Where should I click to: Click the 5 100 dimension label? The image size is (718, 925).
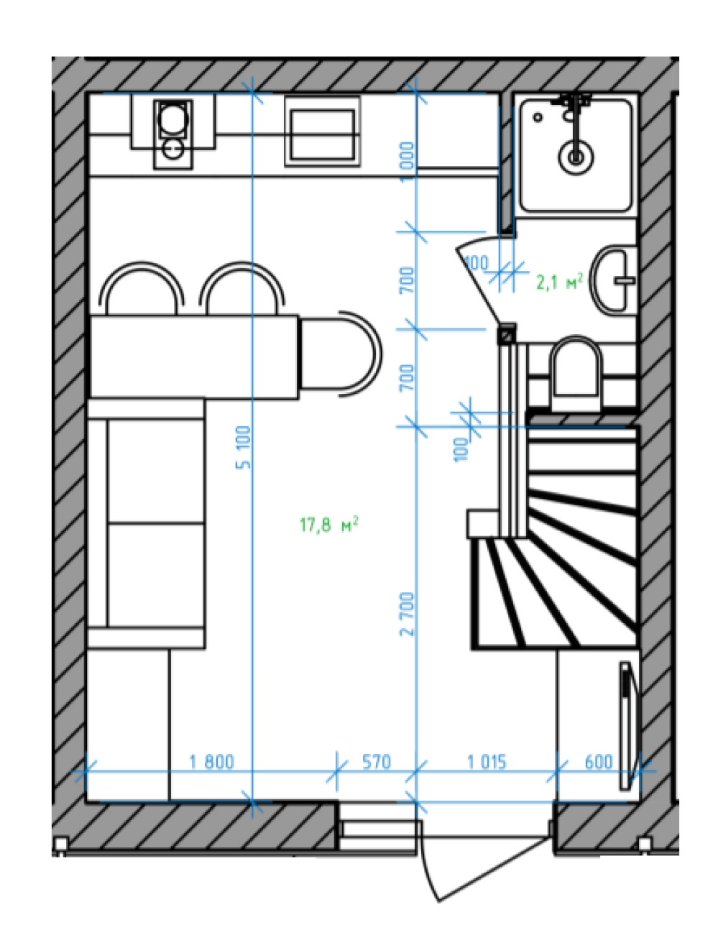[244, 447]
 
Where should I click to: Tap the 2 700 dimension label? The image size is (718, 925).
[407, 615]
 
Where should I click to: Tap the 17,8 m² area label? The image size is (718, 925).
[328, 525]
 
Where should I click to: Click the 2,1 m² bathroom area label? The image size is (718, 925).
[559, 282]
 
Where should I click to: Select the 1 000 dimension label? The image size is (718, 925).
[407, 161]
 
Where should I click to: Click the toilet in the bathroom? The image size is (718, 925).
[576, 373]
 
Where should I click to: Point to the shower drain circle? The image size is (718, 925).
[576, 157]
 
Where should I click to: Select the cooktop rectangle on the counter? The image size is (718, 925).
[323, 131]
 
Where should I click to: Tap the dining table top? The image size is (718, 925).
[194, 356]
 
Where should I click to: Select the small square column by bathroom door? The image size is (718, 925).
[507, 334]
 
